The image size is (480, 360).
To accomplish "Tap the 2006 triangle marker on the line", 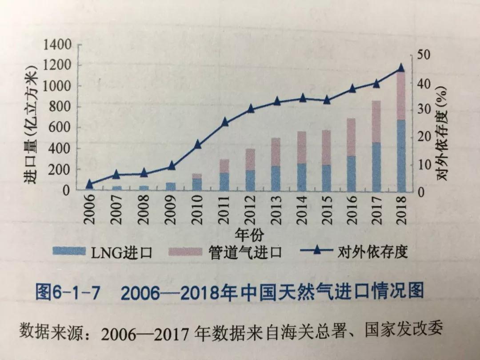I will coord(89,184).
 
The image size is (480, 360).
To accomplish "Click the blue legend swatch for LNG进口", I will coord(68,252).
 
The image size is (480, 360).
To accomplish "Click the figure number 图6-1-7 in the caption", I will coord(68,293).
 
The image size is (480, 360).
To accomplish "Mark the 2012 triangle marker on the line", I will coord(250,109).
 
